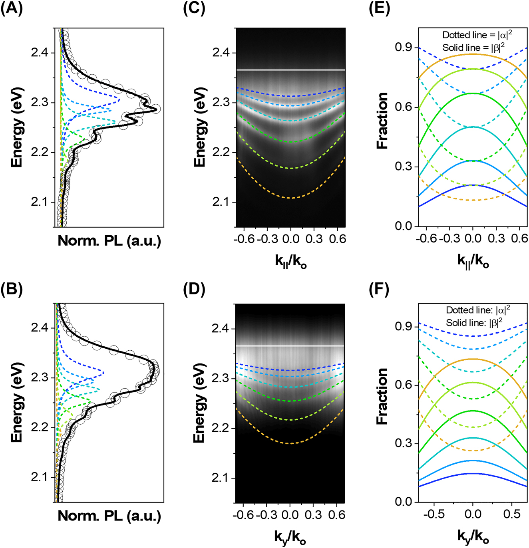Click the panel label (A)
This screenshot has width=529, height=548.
point(12,8)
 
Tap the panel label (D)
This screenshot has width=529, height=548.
point(194,290)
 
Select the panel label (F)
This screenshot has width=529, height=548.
point(378,290)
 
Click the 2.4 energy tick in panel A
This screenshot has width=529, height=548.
point(39,53)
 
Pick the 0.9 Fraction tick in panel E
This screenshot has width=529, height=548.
point(404,47)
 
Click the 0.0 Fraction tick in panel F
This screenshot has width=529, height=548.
point(404,502)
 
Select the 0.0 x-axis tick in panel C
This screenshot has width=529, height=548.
point(291,239)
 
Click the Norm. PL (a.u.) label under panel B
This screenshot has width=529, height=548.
point(109,516)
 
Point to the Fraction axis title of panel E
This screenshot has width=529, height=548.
point(383,121)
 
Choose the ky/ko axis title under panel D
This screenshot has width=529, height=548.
point(290,537)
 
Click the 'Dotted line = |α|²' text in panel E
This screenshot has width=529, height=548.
point(477,35)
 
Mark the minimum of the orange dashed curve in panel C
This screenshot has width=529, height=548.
point(291,198)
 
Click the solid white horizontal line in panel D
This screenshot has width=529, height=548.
point(290,346)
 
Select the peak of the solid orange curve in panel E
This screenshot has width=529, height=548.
point(473,54)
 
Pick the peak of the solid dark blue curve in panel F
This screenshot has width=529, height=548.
point(473,473)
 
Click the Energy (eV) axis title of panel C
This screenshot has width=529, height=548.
point(200,127)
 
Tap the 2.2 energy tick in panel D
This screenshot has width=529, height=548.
point(219,428)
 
